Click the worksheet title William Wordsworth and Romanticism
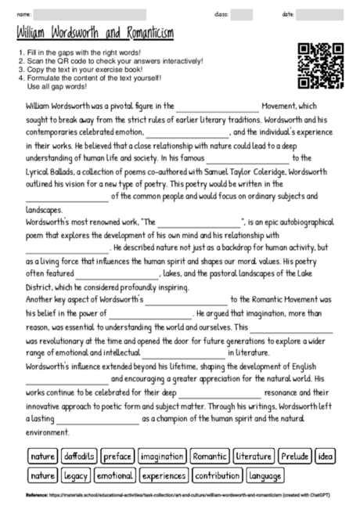pos(95,34)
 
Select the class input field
pos(241,14)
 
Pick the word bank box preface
pos(117,456)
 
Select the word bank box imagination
pos(163,456)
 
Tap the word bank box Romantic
pos(210,456)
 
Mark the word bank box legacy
pos(75,475)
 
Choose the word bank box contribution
pos(217,475)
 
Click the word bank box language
pos(266,475)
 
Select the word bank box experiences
pos(164,475)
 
